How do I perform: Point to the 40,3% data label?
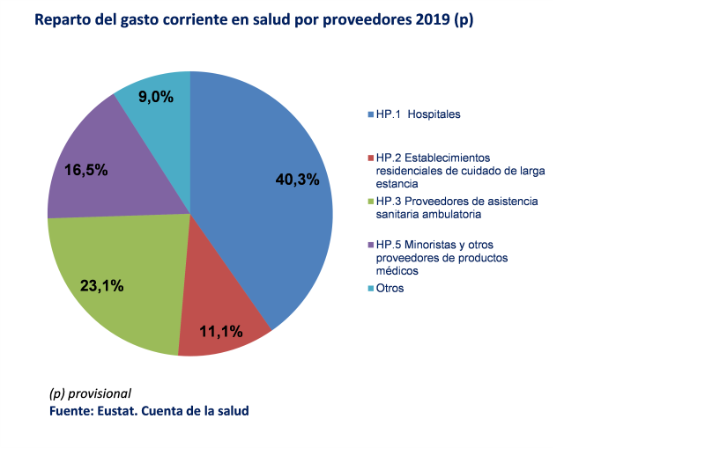[296, 180]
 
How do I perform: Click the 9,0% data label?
[156, 97]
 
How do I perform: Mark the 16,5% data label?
[86, 170]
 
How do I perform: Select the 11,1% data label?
[220, 332]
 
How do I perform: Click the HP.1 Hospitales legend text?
[418, 114]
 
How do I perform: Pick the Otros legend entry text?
[390, 288]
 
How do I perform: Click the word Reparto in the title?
[63, 20]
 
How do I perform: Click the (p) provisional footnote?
[90, 393]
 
